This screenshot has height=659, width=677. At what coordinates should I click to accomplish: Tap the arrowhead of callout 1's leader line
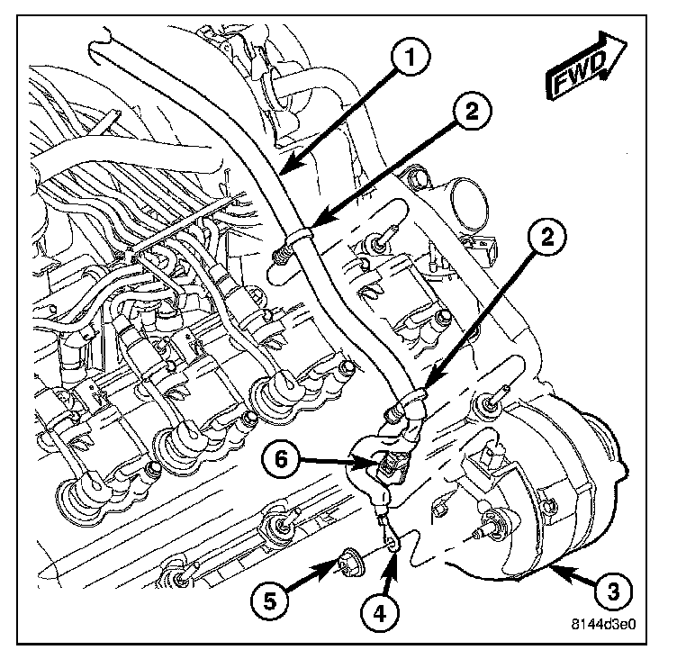tap(286, 171)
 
